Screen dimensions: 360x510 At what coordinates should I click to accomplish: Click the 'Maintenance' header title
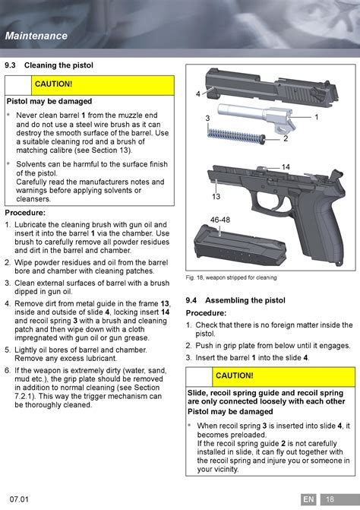coord(36,36)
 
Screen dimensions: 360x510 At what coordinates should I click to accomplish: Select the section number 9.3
coord(10,65)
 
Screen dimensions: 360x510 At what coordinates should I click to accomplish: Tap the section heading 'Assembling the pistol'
coord(245,300)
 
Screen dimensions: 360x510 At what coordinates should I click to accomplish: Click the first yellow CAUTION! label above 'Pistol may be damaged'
coord(54,84)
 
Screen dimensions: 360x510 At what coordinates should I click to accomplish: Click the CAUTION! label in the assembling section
coord(234,375)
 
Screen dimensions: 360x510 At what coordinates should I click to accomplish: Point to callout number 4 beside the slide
coord(198,94)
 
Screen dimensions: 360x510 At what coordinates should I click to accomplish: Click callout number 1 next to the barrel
coord(317,117)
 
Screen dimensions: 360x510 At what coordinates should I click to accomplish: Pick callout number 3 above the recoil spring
coord(207,119)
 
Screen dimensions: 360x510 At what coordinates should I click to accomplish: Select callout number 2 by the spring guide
coord(286,138)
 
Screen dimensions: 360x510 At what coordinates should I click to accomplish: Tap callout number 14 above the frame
coord(286,167)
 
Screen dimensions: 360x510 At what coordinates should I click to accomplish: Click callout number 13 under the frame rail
coord(216,196)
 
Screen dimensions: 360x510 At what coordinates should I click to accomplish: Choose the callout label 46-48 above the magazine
coord(220,220)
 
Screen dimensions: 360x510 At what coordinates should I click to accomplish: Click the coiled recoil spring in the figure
coord(236,135)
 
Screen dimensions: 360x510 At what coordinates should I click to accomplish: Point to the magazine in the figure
coord(240,246)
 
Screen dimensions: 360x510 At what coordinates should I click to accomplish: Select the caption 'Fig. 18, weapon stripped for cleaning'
coord(231,277)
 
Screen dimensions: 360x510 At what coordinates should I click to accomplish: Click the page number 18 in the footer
coord(330,499)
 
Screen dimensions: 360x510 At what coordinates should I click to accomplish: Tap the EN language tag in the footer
coord(308,499)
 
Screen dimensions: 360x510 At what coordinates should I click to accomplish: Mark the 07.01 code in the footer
coord(19,499)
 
